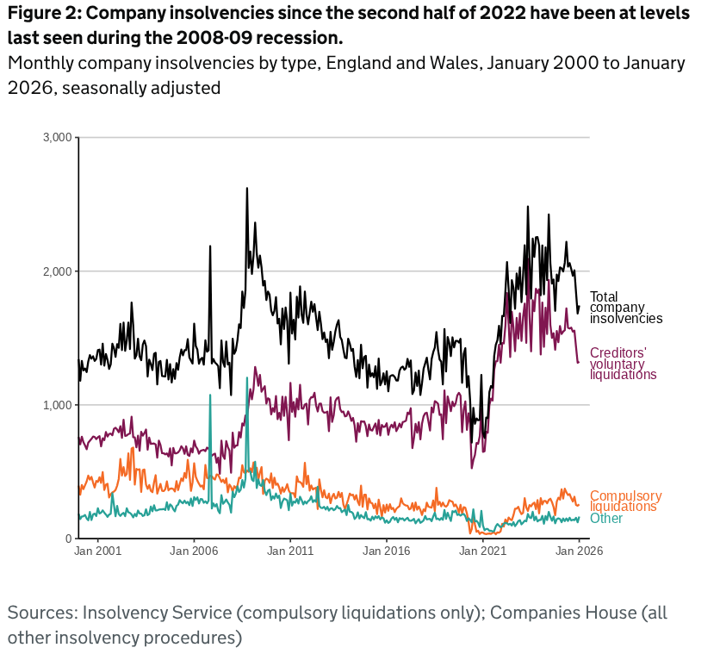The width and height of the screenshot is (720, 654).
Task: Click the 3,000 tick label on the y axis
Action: (58, 138)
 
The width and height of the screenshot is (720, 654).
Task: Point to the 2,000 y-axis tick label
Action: (58, 271)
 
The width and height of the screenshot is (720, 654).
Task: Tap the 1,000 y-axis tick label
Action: (58, 405)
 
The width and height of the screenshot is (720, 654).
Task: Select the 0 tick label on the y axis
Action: (67, 539)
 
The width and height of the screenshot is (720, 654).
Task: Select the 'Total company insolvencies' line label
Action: (625, 308)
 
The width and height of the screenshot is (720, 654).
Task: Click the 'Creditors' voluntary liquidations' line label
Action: (623, 364)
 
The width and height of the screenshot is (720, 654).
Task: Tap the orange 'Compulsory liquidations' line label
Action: (625, 501)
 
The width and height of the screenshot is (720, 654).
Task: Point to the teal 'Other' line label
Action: (606, 519)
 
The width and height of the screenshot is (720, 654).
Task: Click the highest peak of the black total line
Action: (247, 189)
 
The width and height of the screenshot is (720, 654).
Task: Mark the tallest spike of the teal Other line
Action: (246, 378)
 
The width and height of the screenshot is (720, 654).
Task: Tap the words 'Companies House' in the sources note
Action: (557, 614)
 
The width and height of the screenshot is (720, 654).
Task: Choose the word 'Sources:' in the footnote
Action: (42, 614)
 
